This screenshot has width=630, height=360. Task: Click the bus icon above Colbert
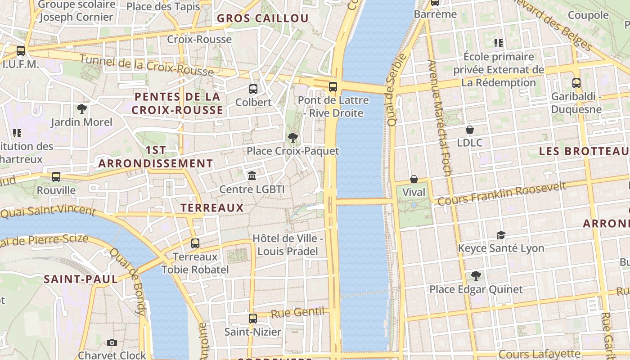click(253, 89)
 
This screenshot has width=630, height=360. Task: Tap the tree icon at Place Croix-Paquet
click(293, 138)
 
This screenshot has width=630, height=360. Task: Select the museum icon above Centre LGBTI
click(252, 175)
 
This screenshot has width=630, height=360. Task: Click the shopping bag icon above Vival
click(414, 179)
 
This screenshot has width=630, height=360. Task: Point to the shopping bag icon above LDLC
click(470, 130)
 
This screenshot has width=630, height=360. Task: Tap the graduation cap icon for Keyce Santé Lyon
click(501, 235)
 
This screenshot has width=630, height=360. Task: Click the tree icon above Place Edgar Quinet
click(476, 276)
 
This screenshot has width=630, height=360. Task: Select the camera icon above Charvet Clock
click(112, 343)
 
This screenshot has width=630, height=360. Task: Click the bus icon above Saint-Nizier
click(253, 319)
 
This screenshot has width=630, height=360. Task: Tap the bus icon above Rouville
click(56, 177)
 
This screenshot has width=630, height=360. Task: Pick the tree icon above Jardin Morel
click(81, 108)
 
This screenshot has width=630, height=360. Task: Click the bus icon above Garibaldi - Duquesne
click(576, 83)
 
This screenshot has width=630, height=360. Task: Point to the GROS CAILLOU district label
click(263, 18)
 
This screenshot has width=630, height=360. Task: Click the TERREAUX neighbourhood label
click(212, 208)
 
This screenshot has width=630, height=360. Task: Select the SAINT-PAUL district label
click(81, 279)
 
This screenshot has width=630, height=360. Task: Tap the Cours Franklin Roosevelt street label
click(502, 193)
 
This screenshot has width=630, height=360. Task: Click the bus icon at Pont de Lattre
click(333, 87)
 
